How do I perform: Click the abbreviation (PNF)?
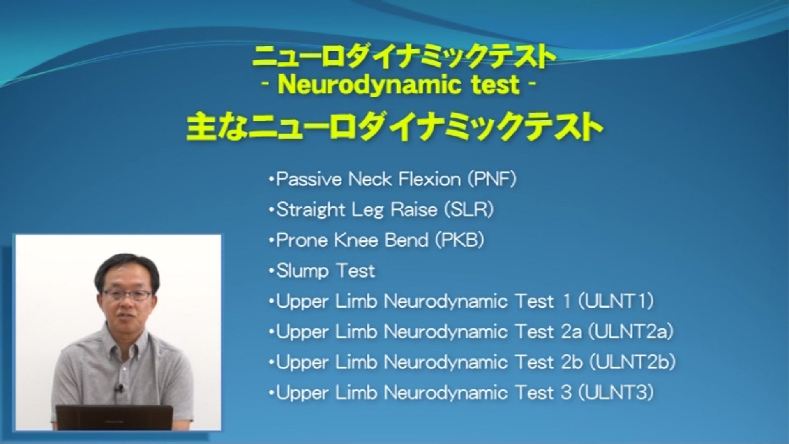[x=492, y=179]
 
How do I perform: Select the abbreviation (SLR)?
[x=469, y=210]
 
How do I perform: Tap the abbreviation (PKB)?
[x=459, y=240]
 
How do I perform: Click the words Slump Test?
[x=325, y=271]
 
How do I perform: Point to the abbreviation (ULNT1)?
[x=616, y=301]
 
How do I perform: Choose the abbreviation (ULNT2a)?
[x=631, y=331]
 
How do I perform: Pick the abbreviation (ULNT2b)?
[x=632, y=362]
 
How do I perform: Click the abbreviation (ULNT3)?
[x=616, y=392]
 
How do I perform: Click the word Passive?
[x=309, y=179]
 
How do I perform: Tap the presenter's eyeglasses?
[x=127, y=294]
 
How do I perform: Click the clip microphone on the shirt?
[x=120, y=387]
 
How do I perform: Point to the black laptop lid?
[x=115, y=417]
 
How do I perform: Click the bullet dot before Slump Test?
[x=271, y=271]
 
